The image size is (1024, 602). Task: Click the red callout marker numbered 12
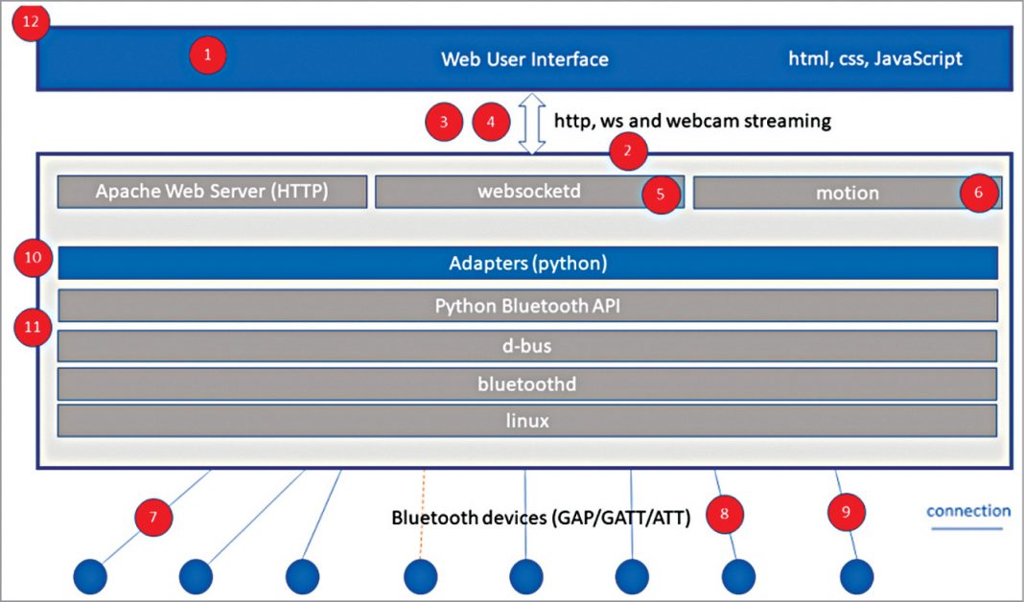click(32, 23)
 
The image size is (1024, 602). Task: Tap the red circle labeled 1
click(207, 55)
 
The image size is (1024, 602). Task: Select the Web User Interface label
click(524, 59)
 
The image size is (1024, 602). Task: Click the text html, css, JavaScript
click(874, 58)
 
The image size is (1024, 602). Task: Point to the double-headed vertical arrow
click(531, 123)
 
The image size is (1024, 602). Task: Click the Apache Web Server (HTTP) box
click(212, 192)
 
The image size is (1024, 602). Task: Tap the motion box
click(847, 193)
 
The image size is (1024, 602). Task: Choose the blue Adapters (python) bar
click(527, 263)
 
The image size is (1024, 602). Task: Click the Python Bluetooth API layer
click(527, 306)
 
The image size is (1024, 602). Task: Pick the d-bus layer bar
click(527, 345)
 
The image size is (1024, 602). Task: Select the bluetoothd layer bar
click(527, 383)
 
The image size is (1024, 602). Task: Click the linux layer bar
click(527, 420)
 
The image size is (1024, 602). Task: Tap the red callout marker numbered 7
click(153, 517)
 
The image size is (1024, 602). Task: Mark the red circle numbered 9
click(846, 512)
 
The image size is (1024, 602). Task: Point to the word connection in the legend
click(967, 511)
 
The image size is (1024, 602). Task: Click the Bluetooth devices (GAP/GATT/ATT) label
click(541, 518)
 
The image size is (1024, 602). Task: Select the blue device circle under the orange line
click(421, 577)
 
